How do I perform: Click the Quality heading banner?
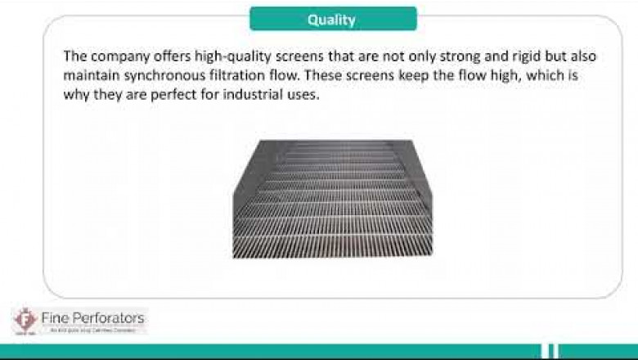(x=332, y=19)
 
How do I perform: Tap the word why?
(x=76, y=95)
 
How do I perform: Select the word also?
(x=570, y=57)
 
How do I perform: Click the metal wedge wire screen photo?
(x=332, y=199)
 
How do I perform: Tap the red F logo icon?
(x=25, y=320)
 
